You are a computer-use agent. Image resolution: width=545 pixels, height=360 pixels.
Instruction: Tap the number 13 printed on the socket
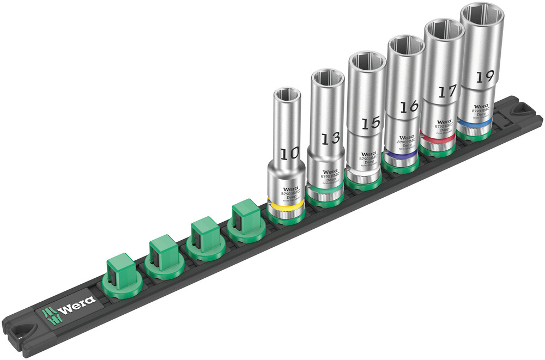330,138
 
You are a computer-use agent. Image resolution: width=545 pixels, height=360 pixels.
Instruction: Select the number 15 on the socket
370,123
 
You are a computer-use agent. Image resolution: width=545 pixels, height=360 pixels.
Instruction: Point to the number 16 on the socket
409,106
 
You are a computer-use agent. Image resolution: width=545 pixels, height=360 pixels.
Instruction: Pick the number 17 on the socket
447,91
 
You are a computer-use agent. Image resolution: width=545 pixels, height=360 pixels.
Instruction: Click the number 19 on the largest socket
481,76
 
